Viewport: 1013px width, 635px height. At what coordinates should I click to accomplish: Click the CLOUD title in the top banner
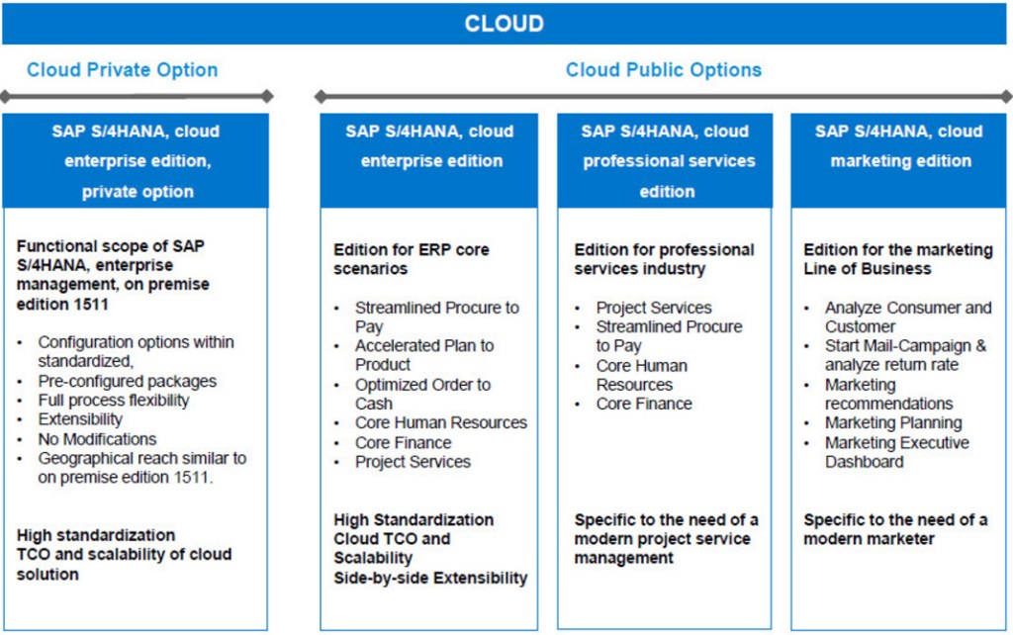coord(505,23)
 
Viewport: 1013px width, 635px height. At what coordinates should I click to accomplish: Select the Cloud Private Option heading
coord(122,70)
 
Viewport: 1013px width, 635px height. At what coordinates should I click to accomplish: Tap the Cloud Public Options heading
coord(663,70)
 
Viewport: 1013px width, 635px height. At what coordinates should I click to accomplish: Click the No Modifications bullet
coord(97,439)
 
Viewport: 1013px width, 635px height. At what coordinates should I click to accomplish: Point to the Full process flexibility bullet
coord(113,401)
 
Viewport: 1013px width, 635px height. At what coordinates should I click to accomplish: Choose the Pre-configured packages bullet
coord(127,381)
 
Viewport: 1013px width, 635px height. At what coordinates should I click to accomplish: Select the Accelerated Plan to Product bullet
coord(424,355)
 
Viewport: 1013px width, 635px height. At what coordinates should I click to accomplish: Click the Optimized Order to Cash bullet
coord(422,394)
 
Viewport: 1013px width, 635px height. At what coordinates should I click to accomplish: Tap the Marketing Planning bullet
coord(893,423)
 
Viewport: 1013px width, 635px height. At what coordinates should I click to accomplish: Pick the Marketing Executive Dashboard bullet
coord(896,452)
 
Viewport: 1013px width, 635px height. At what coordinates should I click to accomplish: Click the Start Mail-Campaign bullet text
coord(905,346)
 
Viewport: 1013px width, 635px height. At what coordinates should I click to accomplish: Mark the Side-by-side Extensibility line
coord(430,578)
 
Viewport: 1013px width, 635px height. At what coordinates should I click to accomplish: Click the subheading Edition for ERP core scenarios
coord(412,259)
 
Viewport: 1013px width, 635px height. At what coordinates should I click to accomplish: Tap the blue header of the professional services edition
coord(667,160)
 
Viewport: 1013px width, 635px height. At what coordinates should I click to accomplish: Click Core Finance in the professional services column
coord(644,404)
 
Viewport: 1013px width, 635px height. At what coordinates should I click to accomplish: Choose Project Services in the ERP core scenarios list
coord(413,462)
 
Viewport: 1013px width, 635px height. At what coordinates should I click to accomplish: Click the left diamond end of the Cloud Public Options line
coord(320,97)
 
